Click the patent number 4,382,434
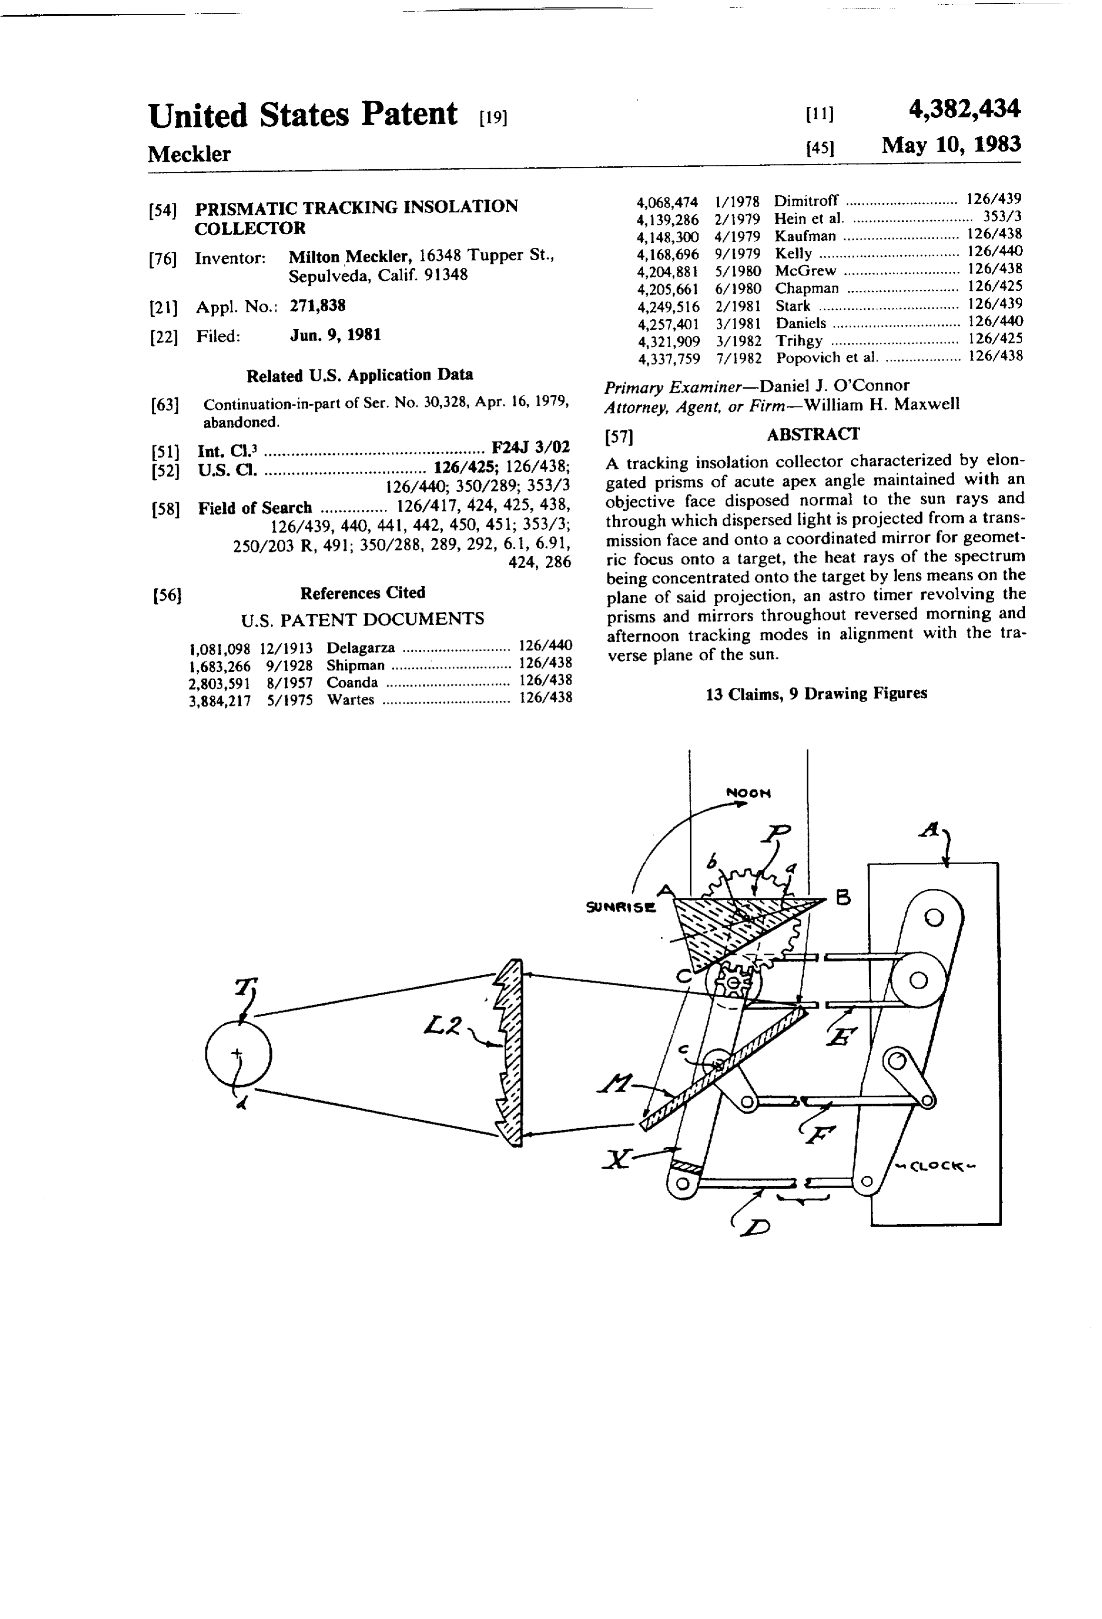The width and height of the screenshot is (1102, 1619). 964,109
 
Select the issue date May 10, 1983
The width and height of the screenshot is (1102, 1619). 951,145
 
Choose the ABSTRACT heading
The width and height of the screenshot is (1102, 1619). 813,434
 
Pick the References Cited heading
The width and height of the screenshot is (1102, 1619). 362,593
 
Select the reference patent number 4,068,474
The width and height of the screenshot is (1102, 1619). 667,202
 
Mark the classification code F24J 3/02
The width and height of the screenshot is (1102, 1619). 530,447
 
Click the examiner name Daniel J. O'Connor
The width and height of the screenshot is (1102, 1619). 834,385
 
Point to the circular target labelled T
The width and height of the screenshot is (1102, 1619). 238,1056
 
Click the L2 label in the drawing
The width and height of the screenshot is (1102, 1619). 443,1025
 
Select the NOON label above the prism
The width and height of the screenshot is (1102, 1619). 749,793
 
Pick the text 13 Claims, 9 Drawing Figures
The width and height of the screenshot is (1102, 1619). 817,693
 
